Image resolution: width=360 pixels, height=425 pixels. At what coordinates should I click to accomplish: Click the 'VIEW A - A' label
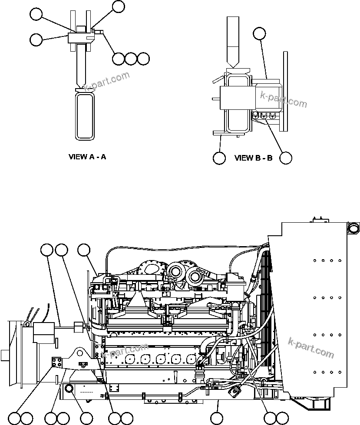click(87, 157)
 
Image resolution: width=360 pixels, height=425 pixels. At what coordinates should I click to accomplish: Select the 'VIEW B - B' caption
click(253, 158)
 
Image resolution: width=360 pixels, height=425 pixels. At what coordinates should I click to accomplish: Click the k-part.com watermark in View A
click(106, 81)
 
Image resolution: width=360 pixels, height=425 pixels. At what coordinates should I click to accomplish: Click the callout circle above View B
click(259, 33)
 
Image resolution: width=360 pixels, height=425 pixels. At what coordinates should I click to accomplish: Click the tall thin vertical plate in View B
click(286, 91)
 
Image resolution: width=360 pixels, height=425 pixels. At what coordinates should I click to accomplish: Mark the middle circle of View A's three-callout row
click(131, 58)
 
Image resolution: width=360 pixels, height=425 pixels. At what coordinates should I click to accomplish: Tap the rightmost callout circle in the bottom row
click(282, 418)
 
